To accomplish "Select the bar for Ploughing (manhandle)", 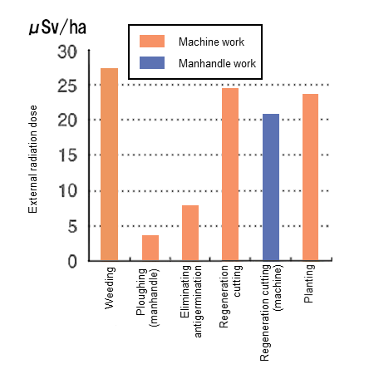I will [x=150, y=248].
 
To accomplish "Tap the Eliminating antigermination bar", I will [x=189, y=233].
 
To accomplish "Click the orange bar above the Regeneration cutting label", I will [x=230, y=174].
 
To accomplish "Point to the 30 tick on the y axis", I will [x=67, y=52].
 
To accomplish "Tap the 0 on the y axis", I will [x=72, y=261].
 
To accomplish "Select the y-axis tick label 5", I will [x=72, y=226].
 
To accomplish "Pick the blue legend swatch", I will [x=153, y=63].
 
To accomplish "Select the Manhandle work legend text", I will [x=217, y=63].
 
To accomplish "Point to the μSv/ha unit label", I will [x=57, y=27].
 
